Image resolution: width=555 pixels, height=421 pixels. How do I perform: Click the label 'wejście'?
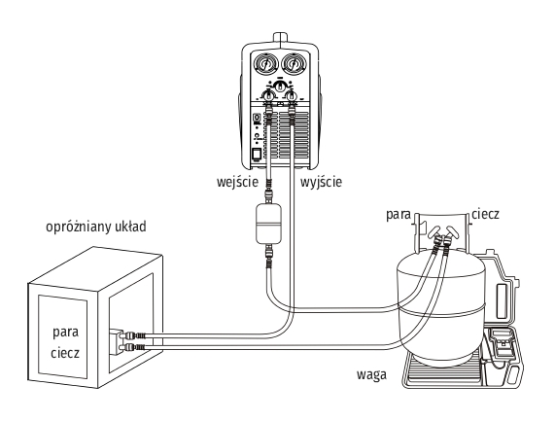click(237, 183)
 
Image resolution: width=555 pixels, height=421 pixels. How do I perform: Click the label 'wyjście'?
click(321, 183)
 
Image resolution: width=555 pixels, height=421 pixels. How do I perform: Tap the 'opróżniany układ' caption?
click(96, 227)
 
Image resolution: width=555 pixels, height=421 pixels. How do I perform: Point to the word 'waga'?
click(371, 375)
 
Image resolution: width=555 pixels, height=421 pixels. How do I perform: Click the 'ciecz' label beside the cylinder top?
click(485, 214)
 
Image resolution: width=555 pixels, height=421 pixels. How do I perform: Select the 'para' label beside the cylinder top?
click(399, 215)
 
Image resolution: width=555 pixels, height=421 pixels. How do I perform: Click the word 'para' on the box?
click(65, 333)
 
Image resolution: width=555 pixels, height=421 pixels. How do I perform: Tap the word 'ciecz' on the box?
click(65, 353)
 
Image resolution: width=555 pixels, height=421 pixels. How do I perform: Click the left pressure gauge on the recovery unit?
click(265, 64)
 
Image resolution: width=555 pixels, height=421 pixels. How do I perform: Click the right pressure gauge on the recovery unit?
click(294, 64)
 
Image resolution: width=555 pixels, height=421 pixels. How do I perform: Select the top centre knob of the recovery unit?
click(280, 86)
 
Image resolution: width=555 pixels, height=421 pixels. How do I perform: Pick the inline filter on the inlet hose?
click(268, 224)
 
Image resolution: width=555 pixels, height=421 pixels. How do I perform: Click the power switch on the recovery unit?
click(257, 155)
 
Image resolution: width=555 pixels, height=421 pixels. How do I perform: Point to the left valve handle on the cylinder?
click(434, 232)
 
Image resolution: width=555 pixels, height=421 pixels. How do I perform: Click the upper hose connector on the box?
click(132, 335)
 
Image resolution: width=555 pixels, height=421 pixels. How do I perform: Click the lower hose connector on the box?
click(132, 347)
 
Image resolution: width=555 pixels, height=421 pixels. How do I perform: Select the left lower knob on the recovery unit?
click(267, 95)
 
